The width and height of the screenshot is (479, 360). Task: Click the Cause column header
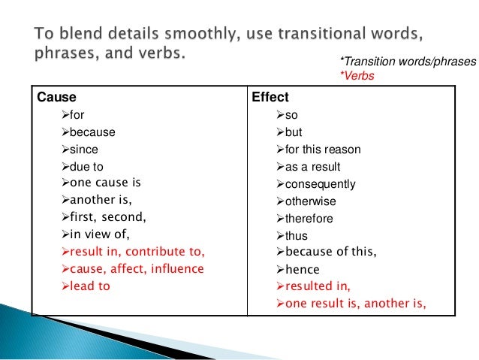pos(52,98)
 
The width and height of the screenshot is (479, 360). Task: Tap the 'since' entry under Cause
pos(83,149)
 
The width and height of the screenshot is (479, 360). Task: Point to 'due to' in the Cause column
pos(86,166)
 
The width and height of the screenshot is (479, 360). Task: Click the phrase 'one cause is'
pos(104,183)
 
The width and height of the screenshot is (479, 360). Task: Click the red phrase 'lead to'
pos(89,286)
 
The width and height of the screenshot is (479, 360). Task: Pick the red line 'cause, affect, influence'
pos(136,268)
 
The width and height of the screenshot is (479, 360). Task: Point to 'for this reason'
pos(323,150)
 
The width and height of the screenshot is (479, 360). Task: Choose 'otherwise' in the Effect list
pos(311,201)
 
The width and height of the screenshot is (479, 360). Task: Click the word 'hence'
pos(303,269)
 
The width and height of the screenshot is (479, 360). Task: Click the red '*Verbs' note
pos(356,77)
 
